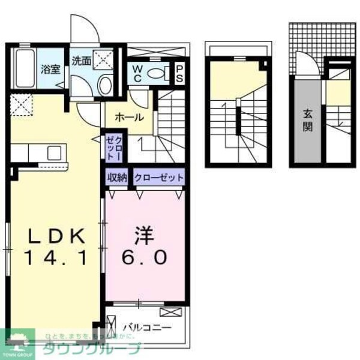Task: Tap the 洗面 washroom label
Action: tap(81, 61)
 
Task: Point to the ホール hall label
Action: tap(129, 117)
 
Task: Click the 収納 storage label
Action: tap(118, 178)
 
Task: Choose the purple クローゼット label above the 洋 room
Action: tap(158, 178)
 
